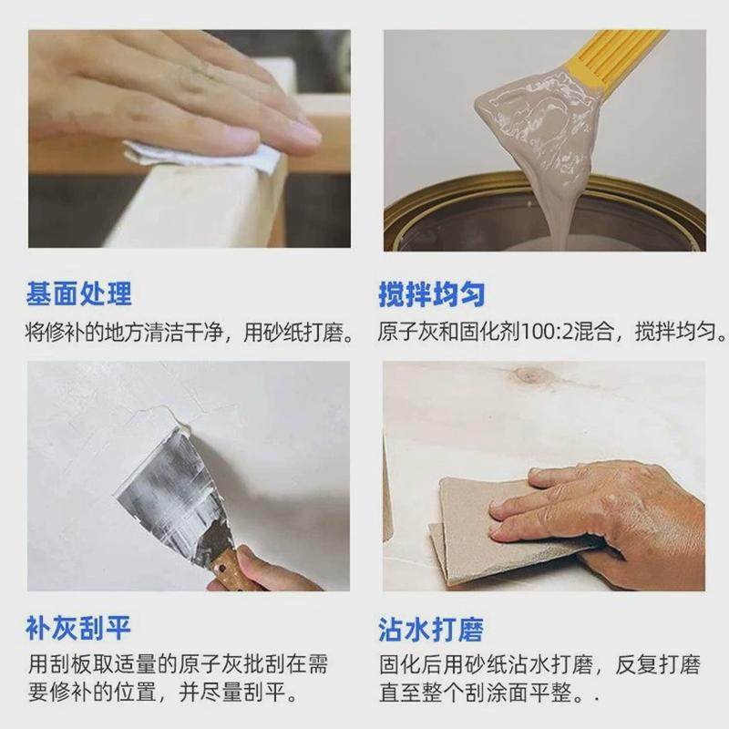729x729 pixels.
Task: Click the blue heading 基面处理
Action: click(79, 293)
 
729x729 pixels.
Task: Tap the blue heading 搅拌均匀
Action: click(432, 293)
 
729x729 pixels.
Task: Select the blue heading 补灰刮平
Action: click(79, 628)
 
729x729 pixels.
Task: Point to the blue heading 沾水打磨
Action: click(432, 628)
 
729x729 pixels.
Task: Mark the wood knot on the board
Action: click(530, 375)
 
